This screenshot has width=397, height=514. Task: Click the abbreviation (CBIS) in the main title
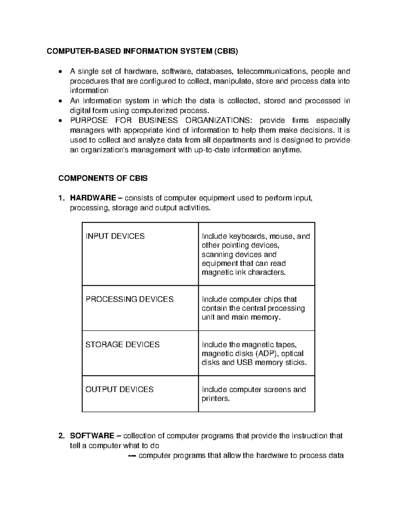(x=226, y=51)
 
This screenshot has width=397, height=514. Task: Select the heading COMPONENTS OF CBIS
(x=103, y=178)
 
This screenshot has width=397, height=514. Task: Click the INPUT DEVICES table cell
(x=115, y=236)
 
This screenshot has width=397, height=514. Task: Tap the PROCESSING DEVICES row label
(x=129, y=299)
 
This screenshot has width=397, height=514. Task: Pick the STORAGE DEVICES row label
(x=122, y=345)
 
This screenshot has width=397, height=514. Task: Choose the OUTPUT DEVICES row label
(x=119, y=390)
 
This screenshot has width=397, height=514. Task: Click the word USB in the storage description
(x=244, y=362)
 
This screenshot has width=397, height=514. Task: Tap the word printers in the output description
(x=215, y=398)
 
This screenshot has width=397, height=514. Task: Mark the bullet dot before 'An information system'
(x=60, y=101)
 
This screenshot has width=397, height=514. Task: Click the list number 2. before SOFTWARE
(x=61, y=436)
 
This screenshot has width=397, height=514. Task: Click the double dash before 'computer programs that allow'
(x=132, y=456)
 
